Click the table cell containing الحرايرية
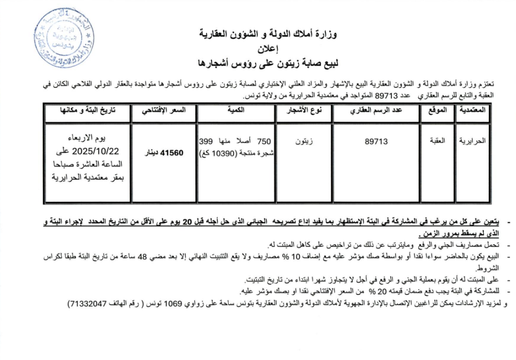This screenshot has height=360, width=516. pos(472,142)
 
